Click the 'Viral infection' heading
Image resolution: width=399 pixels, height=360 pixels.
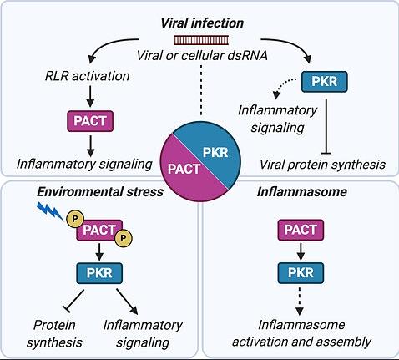click(202, 23)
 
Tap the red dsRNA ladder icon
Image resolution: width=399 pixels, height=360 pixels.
click(201, 40)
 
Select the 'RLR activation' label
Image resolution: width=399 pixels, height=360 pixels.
click(88, 76)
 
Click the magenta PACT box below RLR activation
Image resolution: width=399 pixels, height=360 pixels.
click(90, 121)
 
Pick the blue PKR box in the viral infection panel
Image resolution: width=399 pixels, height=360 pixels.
click(325, 82)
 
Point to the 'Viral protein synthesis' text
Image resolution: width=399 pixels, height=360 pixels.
click(322, 165)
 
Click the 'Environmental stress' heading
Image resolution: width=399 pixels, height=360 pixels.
click(100, 192)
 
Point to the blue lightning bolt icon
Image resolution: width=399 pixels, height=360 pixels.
click(50, 210)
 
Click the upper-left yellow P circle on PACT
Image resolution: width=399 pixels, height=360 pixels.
click(74, 219)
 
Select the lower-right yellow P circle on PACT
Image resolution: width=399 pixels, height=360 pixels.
click(124, 238)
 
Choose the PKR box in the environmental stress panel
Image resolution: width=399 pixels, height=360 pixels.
click(99, 273)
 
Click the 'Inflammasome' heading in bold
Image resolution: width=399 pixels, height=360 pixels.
click(301, 192)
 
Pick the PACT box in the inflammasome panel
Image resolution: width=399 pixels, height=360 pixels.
click(301, 230)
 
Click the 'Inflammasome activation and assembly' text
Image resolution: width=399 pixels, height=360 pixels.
click(301, 333)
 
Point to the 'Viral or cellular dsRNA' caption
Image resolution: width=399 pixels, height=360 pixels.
click(202, 55)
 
